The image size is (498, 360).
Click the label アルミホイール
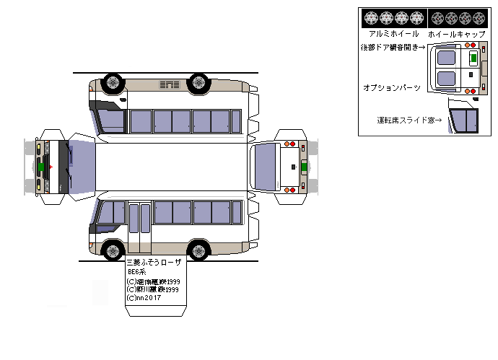click(393, 34)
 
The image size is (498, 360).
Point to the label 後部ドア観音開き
click(393, 47)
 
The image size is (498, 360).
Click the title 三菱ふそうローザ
click(154, 263)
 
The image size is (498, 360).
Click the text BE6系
click(137, 272)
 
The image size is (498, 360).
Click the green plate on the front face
click(42, 167)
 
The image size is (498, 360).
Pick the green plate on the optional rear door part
click(473, 57)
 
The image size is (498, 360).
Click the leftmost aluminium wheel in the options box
click(372, 17)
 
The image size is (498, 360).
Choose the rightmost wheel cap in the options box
click(479, 17)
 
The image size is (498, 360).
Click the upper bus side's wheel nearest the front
click(112, 82)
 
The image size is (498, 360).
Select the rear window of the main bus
click(264, 167)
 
